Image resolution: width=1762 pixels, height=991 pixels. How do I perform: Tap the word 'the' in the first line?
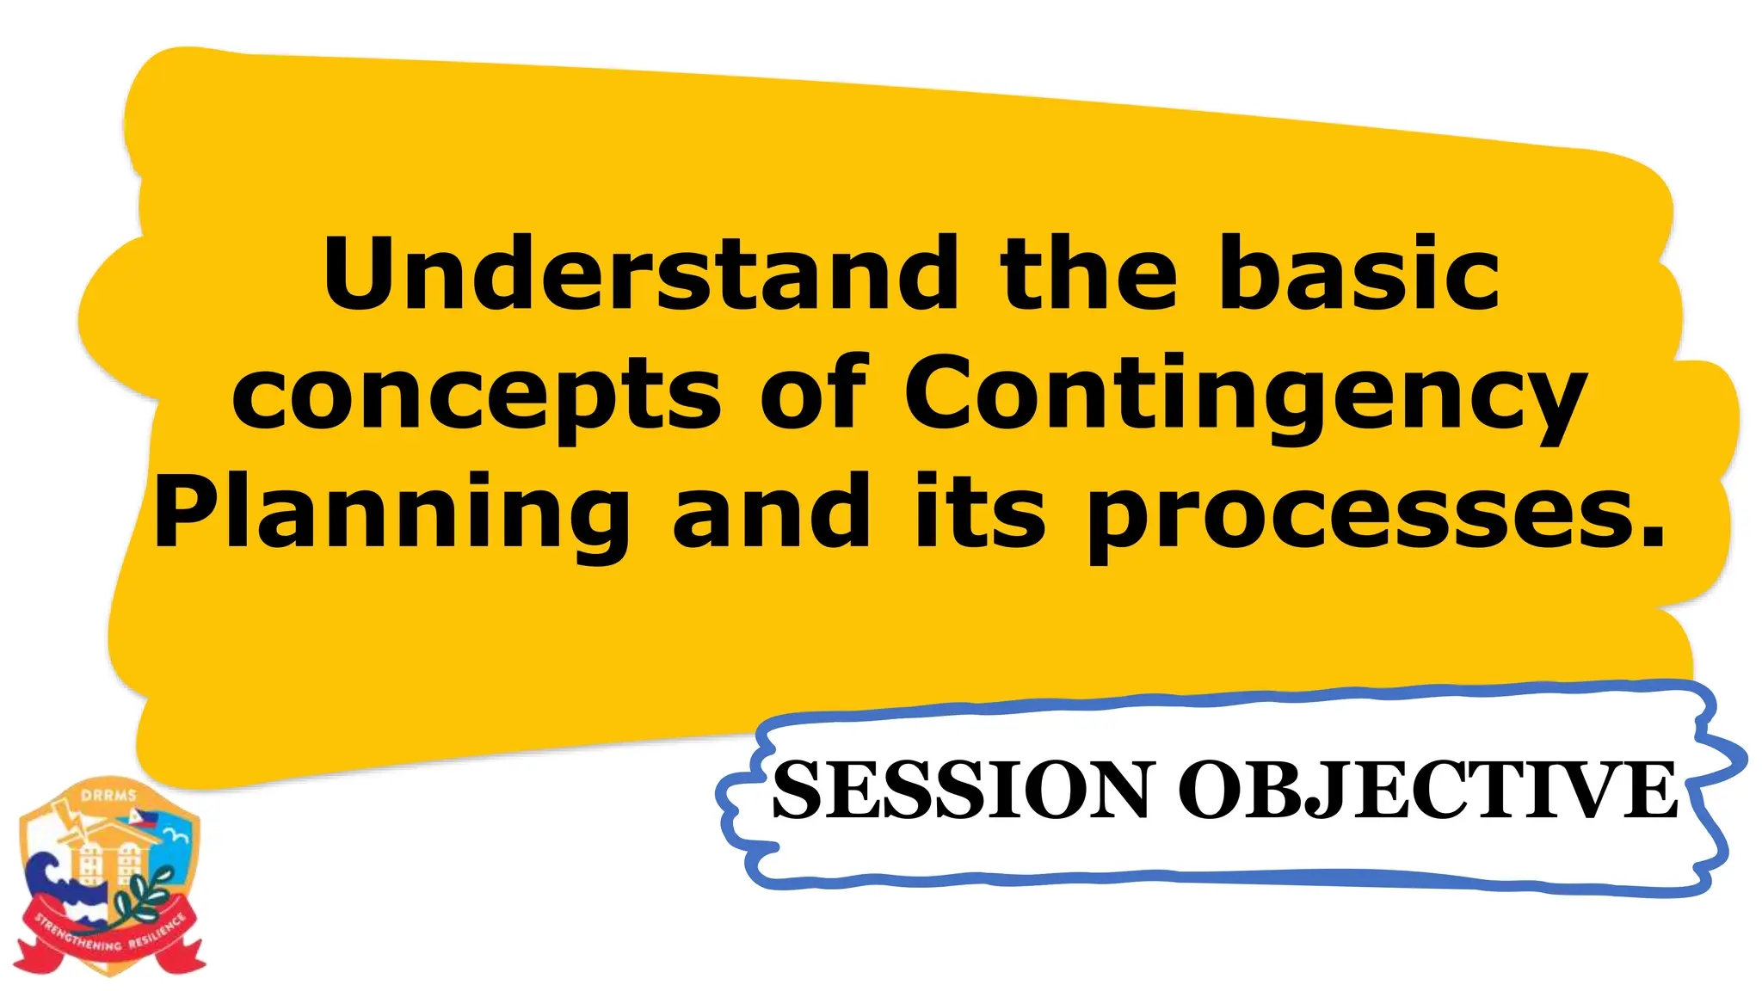click(x=1088, y=274)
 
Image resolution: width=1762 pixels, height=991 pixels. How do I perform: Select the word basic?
click(x=1359, y=274)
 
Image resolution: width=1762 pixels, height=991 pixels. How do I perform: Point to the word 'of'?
click(x=814, y=394)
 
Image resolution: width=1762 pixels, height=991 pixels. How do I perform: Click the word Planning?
click(x=391, y=514)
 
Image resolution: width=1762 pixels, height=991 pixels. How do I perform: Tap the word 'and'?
click(x=771, y=513)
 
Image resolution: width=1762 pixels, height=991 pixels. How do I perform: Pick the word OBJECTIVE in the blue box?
click(x=1428, y=790)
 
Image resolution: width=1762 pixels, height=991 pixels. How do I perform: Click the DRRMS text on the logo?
click(x=108, y=796)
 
